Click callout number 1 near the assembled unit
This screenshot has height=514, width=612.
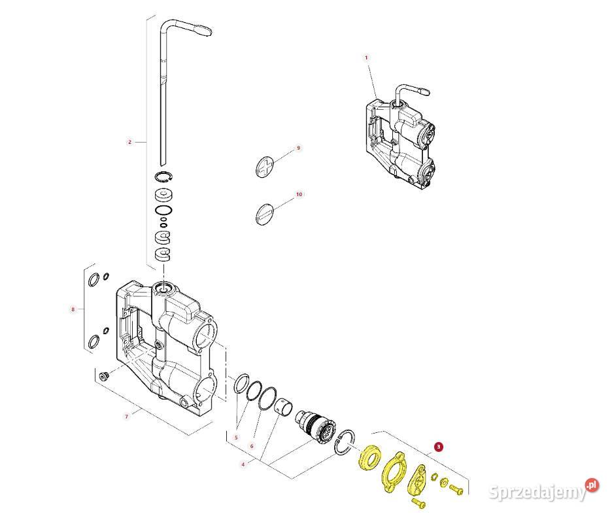(366, 58)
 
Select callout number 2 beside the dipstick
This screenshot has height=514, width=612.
(129, 142)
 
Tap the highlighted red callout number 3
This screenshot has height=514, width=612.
(439, 447)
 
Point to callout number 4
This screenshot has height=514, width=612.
(243, 465)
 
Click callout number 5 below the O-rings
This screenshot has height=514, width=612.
(236, 437)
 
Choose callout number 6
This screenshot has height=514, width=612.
(252, 446)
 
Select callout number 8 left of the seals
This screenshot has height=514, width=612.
(73, 309)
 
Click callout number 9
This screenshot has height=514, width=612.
(298, 148)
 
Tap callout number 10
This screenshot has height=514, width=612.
(299, 194)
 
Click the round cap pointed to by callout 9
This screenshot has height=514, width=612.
(263, 166)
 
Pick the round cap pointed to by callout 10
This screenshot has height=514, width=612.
(263, 213)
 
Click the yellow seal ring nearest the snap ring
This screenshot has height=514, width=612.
(369, 457)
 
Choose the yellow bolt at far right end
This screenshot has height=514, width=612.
(457, 488)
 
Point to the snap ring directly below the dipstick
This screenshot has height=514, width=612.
(163, 177)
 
